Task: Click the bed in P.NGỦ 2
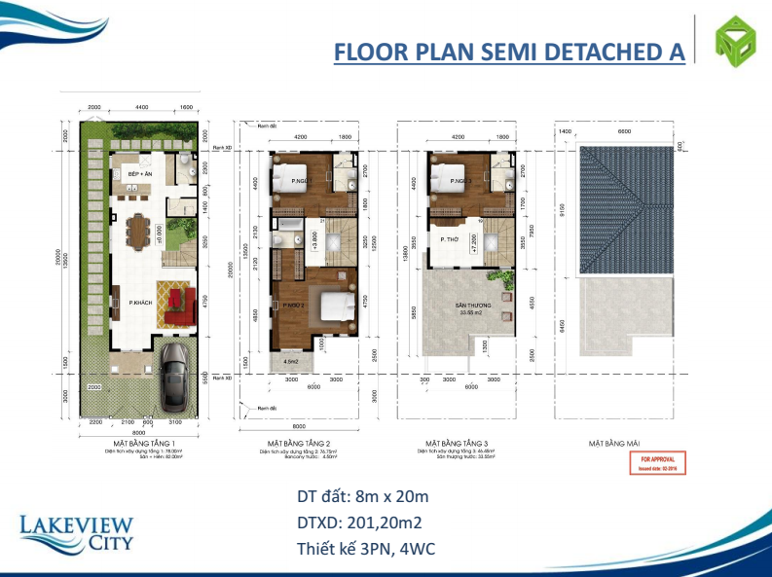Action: (x=328, y=308)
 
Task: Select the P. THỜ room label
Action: (x=449, y=239)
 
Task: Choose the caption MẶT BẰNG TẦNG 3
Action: (x=457, y=443)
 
